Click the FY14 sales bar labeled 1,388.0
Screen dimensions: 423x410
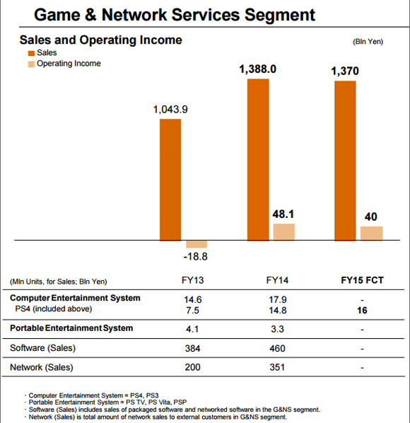[x=258, y=160]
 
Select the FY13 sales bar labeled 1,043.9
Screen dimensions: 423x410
[x=170, y=180]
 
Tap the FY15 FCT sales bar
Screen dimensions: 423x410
[x=344, y=161]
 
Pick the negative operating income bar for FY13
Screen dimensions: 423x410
[x=197, y=244]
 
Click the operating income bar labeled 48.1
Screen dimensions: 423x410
[x=283, y=232]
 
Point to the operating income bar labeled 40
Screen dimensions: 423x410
[x=371, y=233]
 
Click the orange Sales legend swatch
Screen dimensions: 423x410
[x=31, y=53]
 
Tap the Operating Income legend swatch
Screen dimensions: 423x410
[x=31, y=64]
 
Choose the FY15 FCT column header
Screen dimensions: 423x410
[x=362, y=281]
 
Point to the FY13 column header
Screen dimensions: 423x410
[x=192, y=281]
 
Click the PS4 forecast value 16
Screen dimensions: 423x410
[x=362, y=309]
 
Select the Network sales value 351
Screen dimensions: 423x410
[x=279, y=367]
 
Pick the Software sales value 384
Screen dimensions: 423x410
[x=192, y=348]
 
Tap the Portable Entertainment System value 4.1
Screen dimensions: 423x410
[x=192, y=329]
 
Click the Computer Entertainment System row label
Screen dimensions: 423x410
[x=75, y=298]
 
